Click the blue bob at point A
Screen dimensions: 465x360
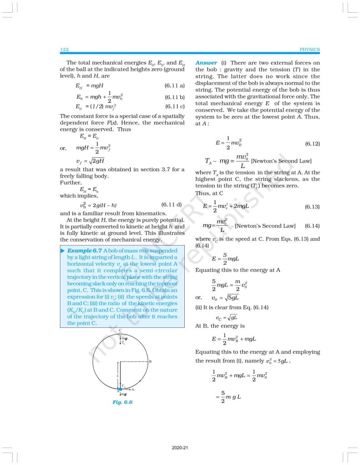coord(120,389)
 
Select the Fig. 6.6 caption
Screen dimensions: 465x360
coord(123,402)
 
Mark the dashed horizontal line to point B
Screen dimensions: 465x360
coord(134,361)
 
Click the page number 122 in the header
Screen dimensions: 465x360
coord(64,49)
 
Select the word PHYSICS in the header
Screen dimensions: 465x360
coord(310,49)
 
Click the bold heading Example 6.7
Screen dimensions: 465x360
coord(84,251)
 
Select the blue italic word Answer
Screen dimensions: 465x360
coord(206,63)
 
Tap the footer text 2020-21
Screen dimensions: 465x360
coord(180,448)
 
